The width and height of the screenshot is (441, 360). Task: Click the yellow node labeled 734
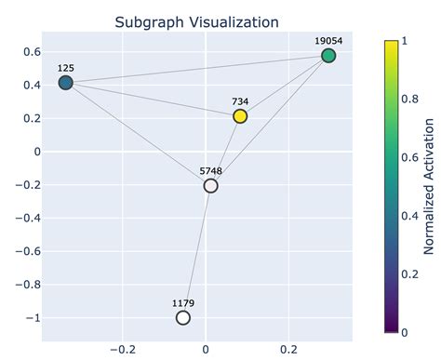pos(240,116)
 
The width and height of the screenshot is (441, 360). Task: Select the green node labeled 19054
pos(328,56)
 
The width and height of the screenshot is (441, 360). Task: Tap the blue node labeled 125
pos(65,83)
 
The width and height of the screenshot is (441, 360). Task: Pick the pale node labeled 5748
pos(211,186)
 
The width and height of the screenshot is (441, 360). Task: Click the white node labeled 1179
pos(183,318)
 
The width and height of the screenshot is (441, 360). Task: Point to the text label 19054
pos(328,41)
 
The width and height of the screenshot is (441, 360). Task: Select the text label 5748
pos(211,171)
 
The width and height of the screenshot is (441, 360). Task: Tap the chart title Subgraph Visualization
pos(196,21)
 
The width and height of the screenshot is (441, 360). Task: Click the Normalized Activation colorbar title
pos(429,186)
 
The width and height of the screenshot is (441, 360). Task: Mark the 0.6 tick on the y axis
pos(30,51)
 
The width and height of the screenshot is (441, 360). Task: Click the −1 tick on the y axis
pos(33,318)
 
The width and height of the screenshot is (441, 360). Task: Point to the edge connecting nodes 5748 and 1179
pos(197,252)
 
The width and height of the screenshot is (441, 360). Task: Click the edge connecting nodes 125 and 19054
pos(196,70)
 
